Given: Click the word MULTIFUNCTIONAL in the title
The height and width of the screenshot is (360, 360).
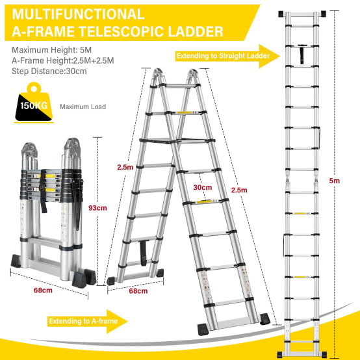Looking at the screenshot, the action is pyautogui.click(x=78, y=14).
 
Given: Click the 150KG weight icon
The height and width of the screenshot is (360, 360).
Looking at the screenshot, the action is pyautogui.click(x=34, y=102).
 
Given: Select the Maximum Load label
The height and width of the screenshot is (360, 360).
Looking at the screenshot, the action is pyautogui.click(x=83, y=107).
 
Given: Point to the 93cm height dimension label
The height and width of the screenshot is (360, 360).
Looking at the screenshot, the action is pyautogui.click(x=97, y=208).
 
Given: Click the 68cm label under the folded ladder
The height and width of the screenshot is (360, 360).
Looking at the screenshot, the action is pyautogui.click(x=43, y=290).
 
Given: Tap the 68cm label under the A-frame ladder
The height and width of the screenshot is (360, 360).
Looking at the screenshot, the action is pyautogui.click(x=138, y=291).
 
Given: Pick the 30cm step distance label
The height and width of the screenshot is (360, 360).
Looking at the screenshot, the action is pyautogui.click(x=203, y=187).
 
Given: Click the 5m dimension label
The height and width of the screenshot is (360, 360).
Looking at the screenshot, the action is pyautogui.click(x=334, y=181).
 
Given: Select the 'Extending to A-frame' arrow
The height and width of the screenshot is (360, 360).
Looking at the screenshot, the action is pyautogui.click(x=87, y=321).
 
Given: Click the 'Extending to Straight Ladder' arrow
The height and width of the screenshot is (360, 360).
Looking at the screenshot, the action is pyautogui.click(x=227, y=56).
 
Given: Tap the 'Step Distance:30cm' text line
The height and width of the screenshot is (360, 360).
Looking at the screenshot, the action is pyautogui.click(x=49, y=71).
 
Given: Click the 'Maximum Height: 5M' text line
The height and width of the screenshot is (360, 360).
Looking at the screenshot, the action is pyautogui.click(x=51, y=50).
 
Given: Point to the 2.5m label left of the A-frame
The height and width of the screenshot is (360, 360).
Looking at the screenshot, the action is pyautogui.click(x=125, y=167).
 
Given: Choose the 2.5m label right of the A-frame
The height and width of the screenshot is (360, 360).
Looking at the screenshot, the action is pyautogui.click(x=239, y=190).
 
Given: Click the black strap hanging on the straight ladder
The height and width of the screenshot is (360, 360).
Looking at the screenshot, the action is pyautogui.click(x=302, y=54).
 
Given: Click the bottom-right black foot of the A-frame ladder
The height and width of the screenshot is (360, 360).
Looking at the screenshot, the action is pyautogui.click(x=265, y=319).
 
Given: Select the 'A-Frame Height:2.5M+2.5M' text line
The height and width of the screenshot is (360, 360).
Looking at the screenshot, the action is pyautogui.click(x=63, y=60).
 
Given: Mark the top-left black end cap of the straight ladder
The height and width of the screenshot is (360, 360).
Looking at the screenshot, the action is pyautogui.click(x=281, y=14).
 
